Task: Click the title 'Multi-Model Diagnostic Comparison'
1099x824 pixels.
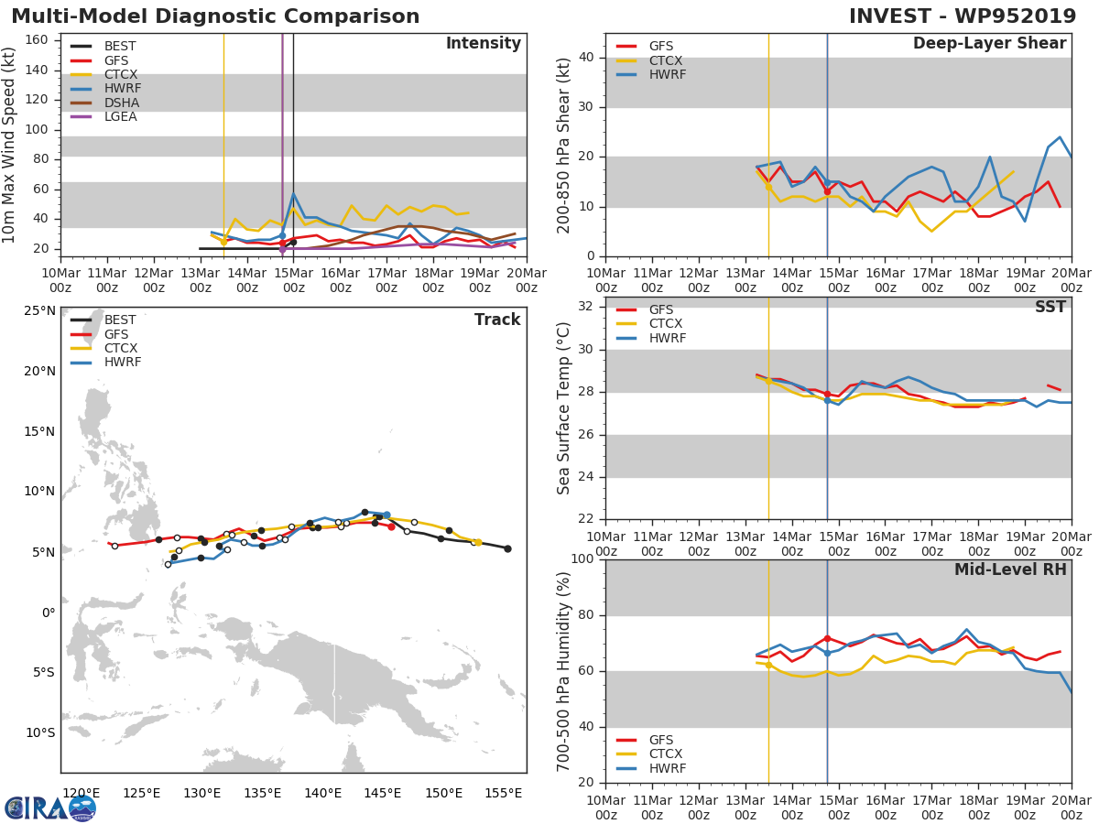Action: (x=215, y=16)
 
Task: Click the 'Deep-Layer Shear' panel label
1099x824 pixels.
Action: (x=989, y=44)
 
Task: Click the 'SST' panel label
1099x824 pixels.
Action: (x=1050, y=307)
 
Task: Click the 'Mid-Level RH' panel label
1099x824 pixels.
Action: (x=1010, y=569)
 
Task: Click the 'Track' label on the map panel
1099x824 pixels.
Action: (x=497, y=320)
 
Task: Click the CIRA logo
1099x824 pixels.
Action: (x=50, y=808)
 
